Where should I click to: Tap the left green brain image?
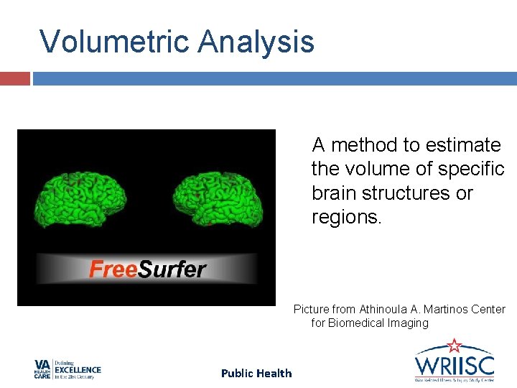click(x=80, y=196)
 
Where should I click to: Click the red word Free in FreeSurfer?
click(x=112, y=269)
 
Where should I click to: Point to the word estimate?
click(x=463, y=145)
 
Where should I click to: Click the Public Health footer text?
click(x=256, y=373)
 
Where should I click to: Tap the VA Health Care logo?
click(x=67, y=369)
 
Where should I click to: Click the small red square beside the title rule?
click(x=14, y=78)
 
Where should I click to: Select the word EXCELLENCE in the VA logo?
click(x=78, y=370)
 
